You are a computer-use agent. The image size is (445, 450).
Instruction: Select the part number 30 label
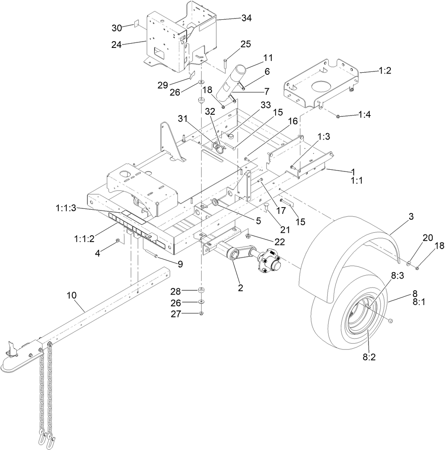tap(116, 27)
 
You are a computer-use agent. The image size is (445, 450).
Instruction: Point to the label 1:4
tap(364, 115)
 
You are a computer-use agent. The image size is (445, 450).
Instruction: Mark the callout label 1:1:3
tap(66, 207)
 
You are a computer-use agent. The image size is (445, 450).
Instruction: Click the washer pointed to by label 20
tap(409, 263)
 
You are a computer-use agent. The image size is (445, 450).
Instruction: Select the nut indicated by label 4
tap(118, 240)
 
